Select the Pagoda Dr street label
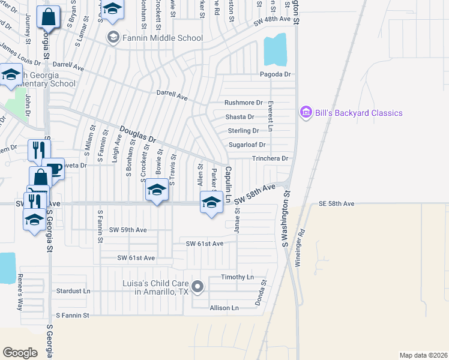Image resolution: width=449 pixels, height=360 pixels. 275,74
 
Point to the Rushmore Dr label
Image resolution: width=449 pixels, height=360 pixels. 244,103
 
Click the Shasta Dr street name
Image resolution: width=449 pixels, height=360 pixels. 240,117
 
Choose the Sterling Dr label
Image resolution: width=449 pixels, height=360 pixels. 243,131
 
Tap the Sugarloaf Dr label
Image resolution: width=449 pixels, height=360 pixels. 247,145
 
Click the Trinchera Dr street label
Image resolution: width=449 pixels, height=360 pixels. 270,159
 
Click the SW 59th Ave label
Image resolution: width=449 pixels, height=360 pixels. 128,230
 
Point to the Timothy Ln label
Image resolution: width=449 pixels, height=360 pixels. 237,277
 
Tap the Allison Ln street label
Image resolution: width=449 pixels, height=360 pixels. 224,308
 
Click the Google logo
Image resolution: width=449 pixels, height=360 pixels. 20,352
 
